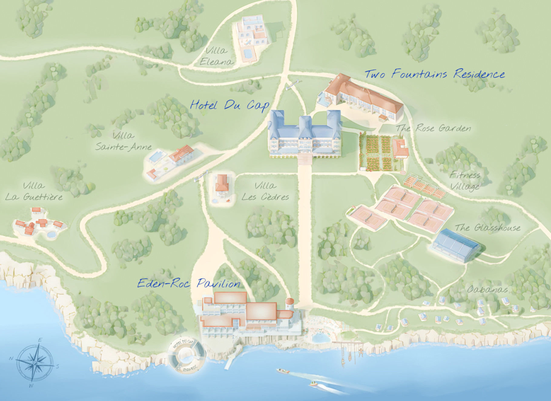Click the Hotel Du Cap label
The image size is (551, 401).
coord(229,105)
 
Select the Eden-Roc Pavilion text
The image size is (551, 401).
coord(188,284)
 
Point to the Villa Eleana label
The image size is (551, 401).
coord(216,56)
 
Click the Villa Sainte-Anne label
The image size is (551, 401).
coord(123,141)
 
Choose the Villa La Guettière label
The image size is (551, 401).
coord(34,191)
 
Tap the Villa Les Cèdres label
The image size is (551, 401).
coord(265,191)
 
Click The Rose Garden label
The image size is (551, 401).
coord(434,128)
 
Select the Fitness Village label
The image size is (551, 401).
coord(465,181)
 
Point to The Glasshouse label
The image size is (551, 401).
coord(487,228)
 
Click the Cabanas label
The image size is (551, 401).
coord(487,289)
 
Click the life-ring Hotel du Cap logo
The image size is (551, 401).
coord(186,356)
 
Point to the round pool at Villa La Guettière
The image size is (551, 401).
coord(51,234)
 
